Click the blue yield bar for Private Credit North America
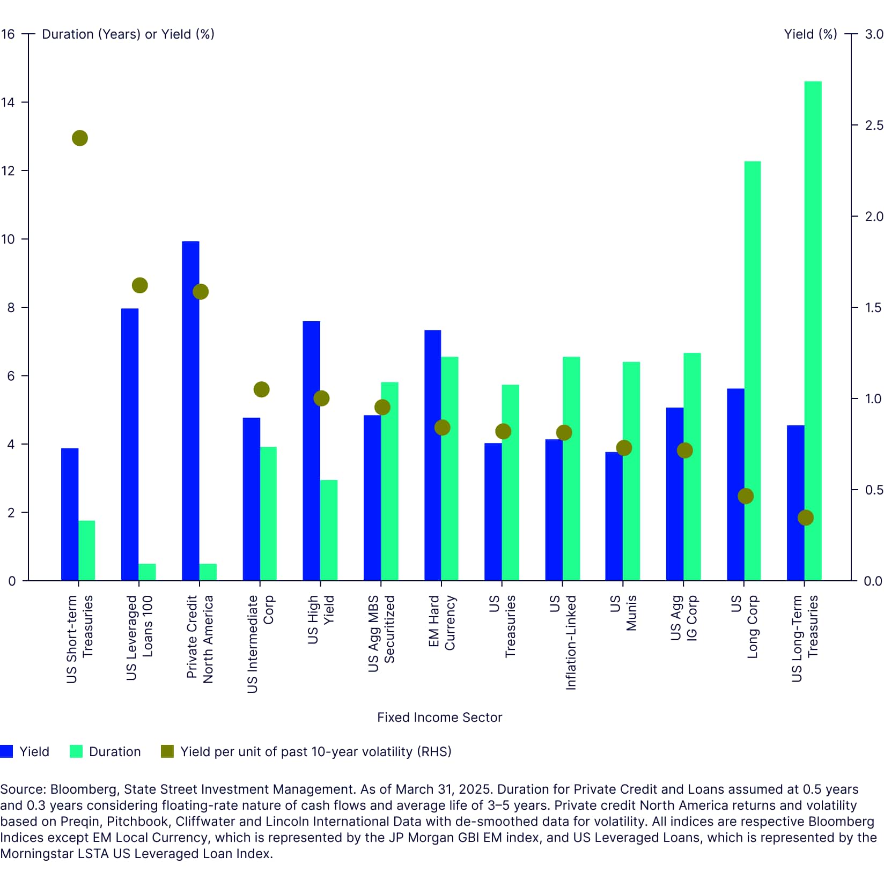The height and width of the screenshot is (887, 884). tap(190, 411)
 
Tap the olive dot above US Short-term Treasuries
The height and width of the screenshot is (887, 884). tap(80, 138)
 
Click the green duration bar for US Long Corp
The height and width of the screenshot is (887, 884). tap(753, 371)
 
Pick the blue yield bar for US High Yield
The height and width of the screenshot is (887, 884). tap(311, 450)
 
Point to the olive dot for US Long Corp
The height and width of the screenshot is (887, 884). tap(745, 496)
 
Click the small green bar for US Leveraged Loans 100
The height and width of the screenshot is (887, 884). tap(147, 572)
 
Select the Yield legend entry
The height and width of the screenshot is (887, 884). tap(25, 751)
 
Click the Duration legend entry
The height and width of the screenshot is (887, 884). tap(106, 751)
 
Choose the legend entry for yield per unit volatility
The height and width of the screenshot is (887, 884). tap(306, 751)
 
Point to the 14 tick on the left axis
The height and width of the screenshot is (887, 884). tap(8, 102)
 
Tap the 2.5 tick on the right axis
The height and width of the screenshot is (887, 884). tap(874, 125)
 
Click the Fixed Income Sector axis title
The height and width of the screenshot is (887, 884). tap(439, 717)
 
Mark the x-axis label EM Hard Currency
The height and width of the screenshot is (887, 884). tap(442, 622)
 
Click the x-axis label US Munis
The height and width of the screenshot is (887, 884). tap(623, 612)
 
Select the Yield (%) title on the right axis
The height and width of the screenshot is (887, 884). tap(810, 34)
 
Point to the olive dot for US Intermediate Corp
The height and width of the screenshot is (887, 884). tap(261, 389)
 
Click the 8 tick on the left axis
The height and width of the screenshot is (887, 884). tap(11, 308)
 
